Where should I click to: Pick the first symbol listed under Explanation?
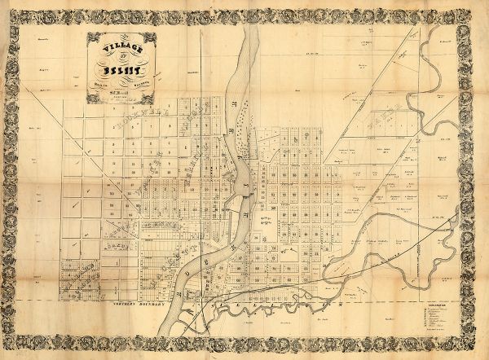(x=432, y=307)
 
